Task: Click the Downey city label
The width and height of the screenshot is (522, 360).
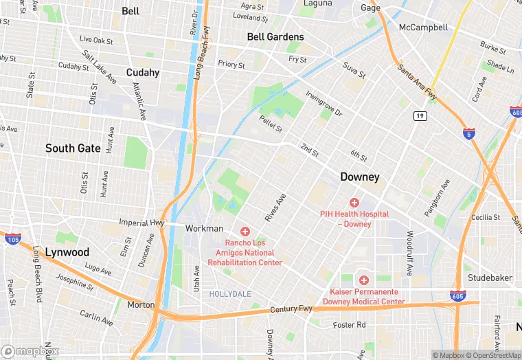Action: click(x=360, y=177)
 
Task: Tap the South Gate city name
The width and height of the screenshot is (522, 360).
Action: click(x=73, y=148)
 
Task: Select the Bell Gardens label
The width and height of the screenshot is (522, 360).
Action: click(x=275, y=37)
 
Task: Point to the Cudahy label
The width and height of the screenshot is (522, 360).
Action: click(x=143, y=73)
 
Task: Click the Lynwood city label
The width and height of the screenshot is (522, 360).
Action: click(x=67, y=252)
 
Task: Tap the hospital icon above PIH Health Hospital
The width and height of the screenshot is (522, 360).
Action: click(x=354, y=203)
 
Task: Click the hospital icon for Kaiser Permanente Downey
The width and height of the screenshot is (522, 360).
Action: click(x=363, y=280)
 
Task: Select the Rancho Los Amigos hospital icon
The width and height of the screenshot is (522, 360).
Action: click(x=245, y=232)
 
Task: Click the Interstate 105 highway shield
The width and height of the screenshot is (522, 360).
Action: click(x=12, y=238)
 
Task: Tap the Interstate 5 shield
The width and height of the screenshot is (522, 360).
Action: click(x=469, y=135)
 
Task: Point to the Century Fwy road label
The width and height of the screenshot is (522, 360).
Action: click(x=291, y=310)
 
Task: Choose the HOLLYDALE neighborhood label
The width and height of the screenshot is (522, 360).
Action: click(x=230, y=293)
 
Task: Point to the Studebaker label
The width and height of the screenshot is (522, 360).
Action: click(x=490, y=278)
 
